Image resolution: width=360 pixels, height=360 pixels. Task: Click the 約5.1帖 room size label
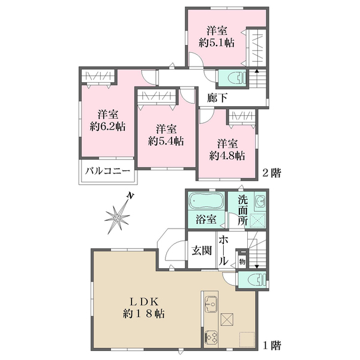click(x=217, y=43)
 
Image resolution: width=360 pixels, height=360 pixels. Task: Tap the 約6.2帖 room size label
click(x=107, y=126)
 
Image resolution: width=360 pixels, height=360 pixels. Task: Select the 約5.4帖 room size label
click(x=166, y=141)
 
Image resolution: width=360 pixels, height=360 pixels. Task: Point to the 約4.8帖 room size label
click(x=227, y=156)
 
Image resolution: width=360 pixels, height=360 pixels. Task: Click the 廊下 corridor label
click(x=217, y=98)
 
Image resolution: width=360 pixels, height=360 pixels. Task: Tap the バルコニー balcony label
click(x=107, y=171)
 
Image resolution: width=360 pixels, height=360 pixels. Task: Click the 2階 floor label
click(x=272, y=173)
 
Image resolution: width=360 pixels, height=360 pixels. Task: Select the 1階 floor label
click(x=272, y=345)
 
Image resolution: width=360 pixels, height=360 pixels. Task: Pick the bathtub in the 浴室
click(x=206, y=200)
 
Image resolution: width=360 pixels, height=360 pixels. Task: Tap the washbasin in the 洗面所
click(x=260, y=201)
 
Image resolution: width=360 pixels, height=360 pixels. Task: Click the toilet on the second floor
click(x=237, y=78)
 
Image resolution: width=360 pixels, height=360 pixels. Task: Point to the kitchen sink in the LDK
click(x=211, y=304)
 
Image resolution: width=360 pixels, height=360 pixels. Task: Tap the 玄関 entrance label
click(x=202, y=250)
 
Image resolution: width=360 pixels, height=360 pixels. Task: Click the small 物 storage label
click(x=242, y=262)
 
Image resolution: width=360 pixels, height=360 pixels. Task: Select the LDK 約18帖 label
click(x=143, y=307)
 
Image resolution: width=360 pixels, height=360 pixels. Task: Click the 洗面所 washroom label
click(x=242, y=211)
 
